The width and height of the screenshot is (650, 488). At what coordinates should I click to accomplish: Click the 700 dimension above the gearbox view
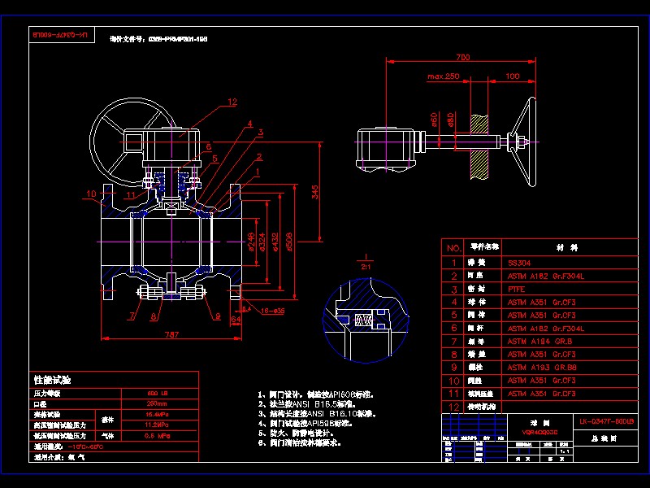tap(462, 57)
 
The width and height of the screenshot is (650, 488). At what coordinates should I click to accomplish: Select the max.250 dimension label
tap(443, 76)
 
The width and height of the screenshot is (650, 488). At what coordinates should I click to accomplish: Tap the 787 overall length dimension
tap(171, 333)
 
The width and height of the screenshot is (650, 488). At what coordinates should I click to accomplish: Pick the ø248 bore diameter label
tap(251, 242)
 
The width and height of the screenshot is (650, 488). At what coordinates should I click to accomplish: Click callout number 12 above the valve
tap(232, 102)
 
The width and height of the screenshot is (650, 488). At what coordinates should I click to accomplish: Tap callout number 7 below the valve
tap(130, 315)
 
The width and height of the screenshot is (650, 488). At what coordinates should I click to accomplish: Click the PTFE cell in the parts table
tap(516, 289)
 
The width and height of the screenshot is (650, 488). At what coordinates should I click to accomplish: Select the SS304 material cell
tap(518, 263)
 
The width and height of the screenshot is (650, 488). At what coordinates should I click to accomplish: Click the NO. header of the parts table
tap(453, 246)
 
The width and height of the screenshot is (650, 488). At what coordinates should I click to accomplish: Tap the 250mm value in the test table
tap(157, 403)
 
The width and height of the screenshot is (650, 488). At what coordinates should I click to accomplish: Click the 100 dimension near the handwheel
tap(512, 76)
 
